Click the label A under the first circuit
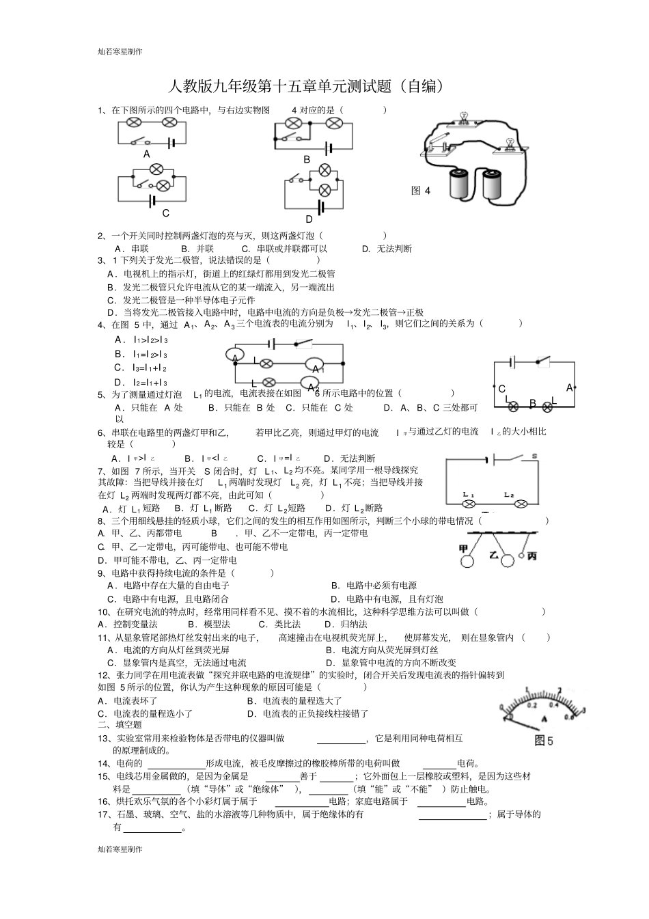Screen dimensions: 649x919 pyautogui.click(x=146, y=154)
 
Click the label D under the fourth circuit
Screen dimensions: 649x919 pyautogui.click(x=309, y=219)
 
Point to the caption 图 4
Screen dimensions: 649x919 pyautogui.click(x=421, y=191)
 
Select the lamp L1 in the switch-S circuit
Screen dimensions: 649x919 pyautogui.click(x=469, y=504)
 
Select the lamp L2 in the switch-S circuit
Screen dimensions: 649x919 pyautogui.click(x=520, y=504)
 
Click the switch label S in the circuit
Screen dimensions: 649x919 pyautogui.click(x=534, y=456)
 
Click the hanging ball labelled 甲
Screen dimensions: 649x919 pyautogui.click(x=467, y=561)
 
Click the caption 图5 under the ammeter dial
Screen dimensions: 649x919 pyautogui.click(x=544, y=741)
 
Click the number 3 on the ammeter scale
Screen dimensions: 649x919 pyautogui.click(x=583, y=710)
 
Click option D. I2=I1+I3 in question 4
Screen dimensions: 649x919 pyautogui.click(x=141, y=383)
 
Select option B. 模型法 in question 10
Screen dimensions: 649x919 pyautogui.click(x=208, y=624)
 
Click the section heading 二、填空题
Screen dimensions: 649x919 pyautogui.click(x=120, y=724)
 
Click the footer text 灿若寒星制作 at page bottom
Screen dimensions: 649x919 pyautogui.click(x=120, y=849)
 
